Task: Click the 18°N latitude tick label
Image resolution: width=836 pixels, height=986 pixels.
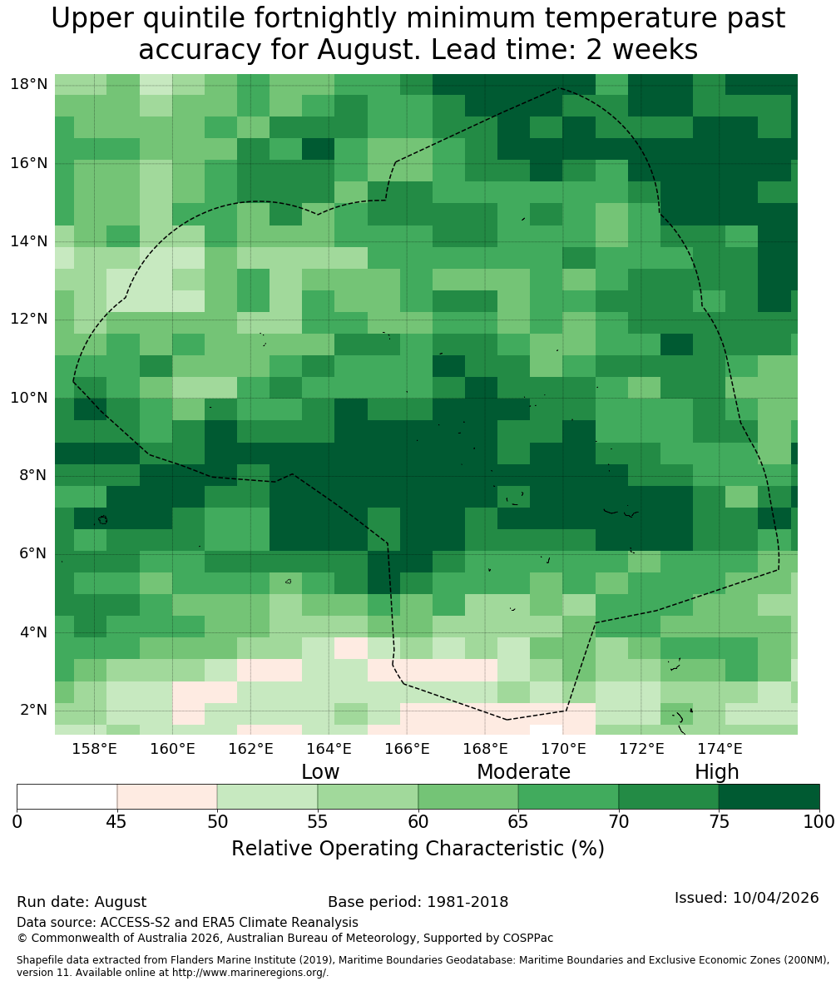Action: [x=29, y=84]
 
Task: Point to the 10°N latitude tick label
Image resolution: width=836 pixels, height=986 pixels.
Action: [x=29, y=398]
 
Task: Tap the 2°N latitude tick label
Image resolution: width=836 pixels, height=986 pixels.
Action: [x=33, y=710]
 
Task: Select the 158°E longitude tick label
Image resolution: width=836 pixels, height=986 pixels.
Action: [x=95, y=749]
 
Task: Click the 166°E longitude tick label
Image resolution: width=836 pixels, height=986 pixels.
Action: [x=408, y=749]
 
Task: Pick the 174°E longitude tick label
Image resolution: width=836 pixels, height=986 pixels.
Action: [x=720, y=749]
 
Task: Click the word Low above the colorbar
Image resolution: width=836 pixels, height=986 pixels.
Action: [x=320, y=772]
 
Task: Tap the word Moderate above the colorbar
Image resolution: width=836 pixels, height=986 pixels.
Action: [x=523, y=772]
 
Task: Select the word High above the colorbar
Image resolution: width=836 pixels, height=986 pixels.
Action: [x=716, y=773]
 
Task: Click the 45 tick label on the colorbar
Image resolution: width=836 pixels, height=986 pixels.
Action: [x=117, y=822]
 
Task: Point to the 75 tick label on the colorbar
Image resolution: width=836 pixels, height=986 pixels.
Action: [x=719, y=822]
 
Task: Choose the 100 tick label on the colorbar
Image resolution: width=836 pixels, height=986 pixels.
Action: [x=819, y=822]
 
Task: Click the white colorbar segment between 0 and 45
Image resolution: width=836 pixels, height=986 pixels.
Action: [x=67, y=797]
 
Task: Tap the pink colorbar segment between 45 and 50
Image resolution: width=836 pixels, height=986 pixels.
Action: [x=167, y=797]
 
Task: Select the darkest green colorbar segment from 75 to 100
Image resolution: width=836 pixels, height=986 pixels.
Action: [x=769, y=797]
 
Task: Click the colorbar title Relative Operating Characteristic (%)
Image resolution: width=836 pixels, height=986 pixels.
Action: [x=418, y=849]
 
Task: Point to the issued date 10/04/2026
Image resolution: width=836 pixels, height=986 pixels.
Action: [x=775, y=898]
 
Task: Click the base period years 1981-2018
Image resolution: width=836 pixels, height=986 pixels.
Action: [x=467, y=902]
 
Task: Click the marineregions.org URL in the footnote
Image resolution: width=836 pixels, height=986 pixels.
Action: [x=249, y=972]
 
